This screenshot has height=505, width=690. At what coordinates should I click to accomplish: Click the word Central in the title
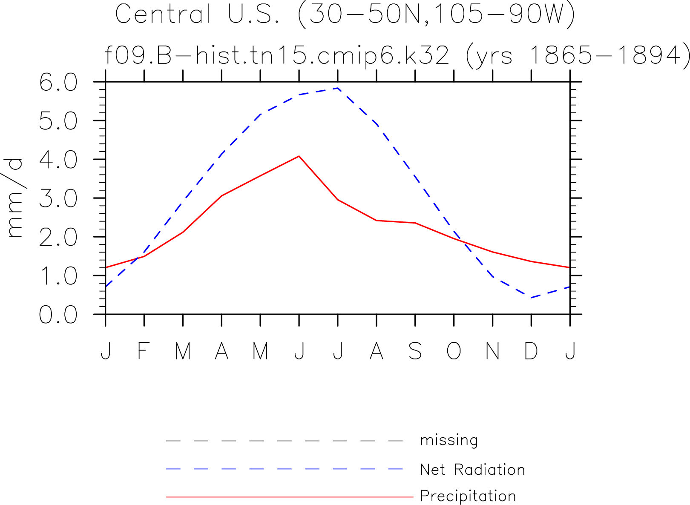point(163,14)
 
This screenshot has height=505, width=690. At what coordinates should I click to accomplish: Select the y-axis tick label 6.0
point(58,82)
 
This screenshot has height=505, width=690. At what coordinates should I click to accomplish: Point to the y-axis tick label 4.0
point(58,160)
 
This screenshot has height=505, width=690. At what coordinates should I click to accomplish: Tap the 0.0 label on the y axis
point(58,314)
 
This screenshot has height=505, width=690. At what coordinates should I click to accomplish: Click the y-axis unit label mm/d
point(14,198)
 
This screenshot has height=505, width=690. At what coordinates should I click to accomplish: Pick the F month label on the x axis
point(144,351)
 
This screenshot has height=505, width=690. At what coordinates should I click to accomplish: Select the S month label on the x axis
point(415,351)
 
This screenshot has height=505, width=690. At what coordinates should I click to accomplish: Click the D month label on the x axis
point(531,351)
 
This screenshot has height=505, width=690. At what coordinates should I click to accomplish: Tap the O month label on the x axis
point(454,351)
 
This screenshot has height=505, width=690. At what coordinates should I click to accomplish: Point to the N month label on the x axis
point(492,351)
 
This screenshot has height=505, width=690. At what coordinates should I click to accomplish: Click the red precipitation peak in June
point(299,156)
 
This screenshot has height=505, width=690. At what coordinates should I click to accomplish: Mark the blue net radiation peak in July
point(338,88)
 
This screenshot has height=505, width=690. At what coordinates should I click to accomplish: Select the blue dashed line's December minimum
point(531,298)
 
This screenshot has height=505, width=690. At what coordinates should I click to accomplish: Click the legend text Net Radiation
point(472,470)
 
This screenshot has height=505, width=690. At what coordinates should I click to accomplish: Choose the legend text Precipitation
point(468,496)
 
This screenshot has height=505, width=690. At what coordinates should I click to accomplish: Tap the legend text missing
point(449,440)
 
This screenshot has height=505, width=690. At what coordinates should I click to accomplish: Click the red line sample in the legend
point(290,496)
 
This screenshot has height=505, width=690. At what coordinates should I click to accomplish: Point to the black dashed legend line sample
point(285,441)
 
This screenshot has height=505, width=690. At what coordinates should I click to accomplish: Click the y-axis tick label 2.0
point(58,237)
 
